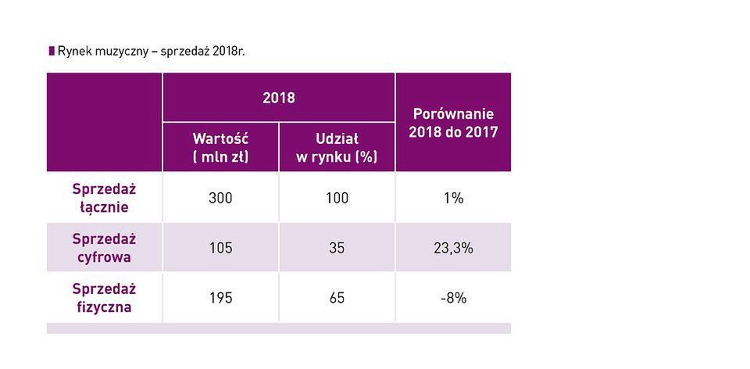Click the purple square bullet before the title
coord(52,51)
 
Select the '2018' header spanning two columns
coord(278,98)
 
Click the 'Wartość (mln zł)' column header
coord(220,147)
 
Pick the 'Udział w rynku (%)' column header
coord(337,147)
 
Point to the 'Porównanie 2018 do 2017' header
coord(453,123)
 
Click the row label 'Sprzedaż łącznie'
coord(104,198)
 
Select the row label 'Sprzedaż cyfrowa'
coord(104,247)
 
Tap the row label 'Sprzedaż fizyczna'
coord(104,297)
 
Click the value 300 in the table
coord(220,198)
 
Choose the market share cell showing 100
coord(337,198)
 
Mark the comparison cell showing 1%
coord(453,198)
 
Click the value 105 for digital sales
coord(220,248)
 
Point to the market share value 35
coord(337,248)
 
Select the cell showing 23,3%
coord(453,248)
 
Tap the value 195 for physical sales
coord(220,298)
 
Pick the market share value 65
coord(337,298)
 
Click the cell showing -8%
coord(453,298)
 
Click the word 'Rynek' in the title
coord(74,52)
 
